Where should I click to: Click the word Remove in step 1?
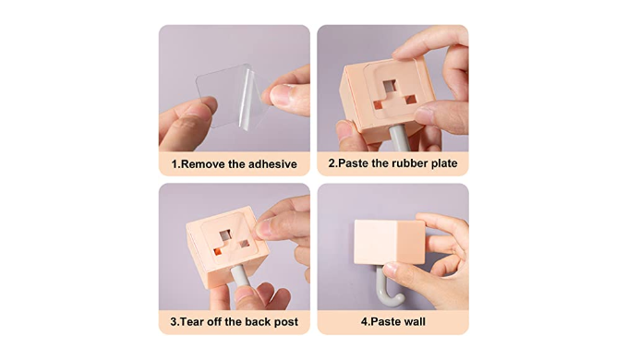tap(203, 164)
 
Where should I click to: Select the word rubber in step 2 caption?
tap(410, 163)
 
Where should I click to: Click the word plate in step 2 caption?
tap(444, 163)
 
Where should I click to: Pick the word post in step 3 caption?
tap(285, 322)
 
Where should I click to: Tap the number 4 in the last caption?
tap(364, 321)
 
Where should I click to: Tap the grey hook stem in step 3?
tap(241, 277)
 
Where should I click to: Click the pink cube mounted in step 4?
tap(390, 242)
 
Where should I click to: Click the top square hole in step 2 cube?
tap(389, 86)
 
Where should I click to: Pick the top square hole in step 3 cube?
tap(225, 235)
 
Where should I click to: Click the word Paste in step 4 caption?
tap(383, 321)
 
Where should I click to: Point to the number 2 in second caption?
tap(332, 163)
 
